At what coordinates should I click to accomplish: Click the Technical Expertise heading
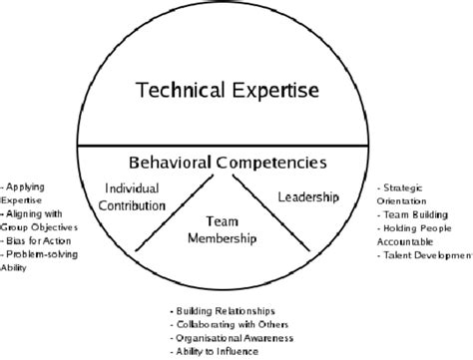pyautogui.click(x=229, y=91)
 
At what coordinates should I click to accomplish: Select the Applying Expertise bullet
pyautogui.click(x=27, y=192)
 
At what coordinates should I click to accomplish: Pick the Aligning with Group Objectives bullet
pyautogui.click(x=37, y=219)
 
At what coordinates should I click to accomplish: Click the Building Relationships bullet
pyautogui.click(x=224, y=309)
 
